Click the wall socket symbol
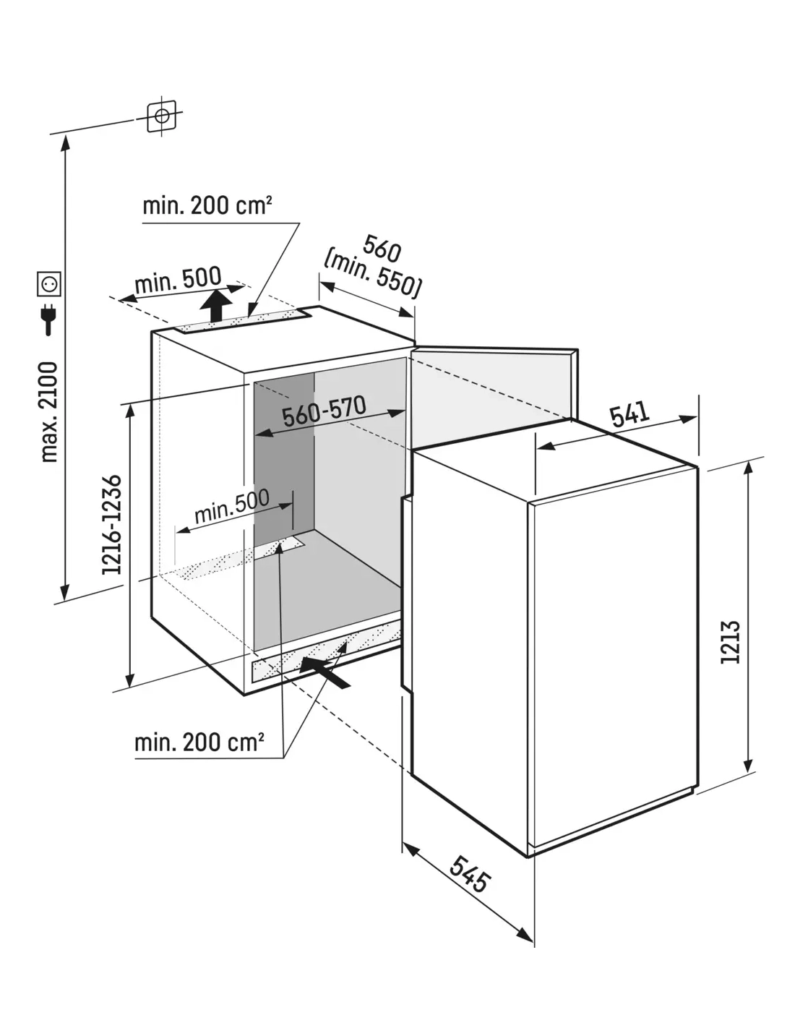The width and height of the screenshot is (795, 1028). pos(49,283)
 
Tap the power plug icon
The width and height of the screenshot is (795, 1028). pos(49,318)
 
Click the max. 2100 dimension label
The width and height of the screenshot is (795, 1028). pos(48,411)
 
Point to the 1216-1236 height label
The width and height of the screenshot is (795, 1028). pos(112,525)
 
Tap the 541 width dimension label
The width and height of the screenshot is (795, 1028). pos(629,415)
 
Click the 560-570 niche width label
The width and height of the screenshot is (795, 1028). pos(324,411)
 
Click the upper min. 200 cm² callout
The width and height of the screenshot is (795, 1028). pos(207,206)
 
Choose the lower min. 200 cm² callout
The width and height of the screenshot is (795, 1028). pos(199,742)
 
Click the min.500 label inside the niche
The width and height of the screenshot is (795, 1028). pos(231,505)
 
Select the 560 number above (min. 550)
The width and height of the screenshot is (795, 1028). pos(381,249)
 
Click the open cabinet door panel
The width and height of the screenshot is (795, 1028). pos(491,394)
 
